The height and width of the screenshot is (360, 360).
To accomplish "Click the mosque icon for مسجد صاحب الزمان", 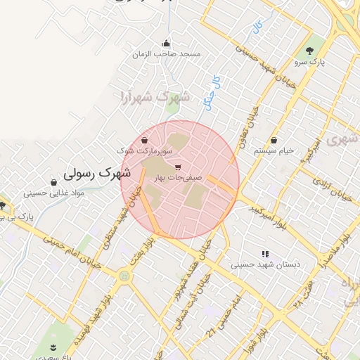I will pyautogui.click(x=166, y=43).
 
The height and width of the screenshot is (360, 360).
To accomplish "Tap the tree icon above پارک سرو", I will pyautogui.click(x=309, y=50).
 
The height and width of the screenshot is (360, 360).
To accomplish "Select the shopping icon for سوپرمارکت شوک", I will pyautogui.click(x=144, y=140).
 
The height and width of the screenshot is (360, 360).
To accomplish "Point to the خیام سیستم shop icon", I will pyautogui.click(x=274, y=140).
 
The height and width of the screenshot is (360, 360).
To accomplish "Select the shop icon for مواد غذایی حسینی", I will pyautogui.click(x=54, y=181).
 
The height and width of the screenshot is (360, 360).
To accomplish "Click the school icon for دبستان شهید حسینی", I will pyautogui.click(x=265, y=254).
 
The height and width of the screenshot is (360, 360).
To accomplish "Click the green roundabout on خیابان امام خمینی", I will pyautogui.click(x=124, y=276).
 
